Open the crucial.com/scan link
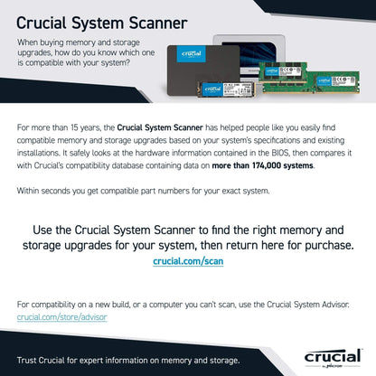pyautogui.click(x=187, y=260)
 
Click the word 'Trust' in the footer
pyautogui.click(x=27, y=360)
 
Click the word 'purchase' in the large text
pyautogui.click(x=314, y=244)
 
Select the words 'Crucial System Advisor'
pyautogui.click(x=315, y=306)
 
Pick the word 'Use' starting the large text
pyautogui.click(x=44, y=230)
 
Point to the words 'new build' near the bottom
pyautogui.click(x=112, y=306)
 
